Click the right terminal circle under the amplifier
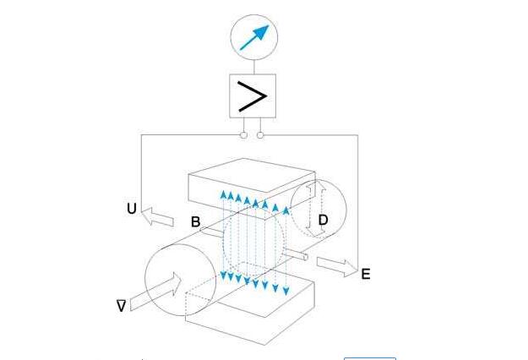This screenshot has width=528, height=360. click(260, 134)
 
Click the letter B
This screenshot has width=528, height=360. click(195, 222)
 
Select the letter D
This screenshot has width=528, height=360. click(323, 221)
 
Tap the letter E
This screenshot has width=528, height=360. click(365, 274)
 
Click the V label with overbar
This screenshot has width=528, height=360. click(122, 306)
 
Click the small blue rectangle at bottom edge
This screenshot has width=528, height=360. click(368, 357)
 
